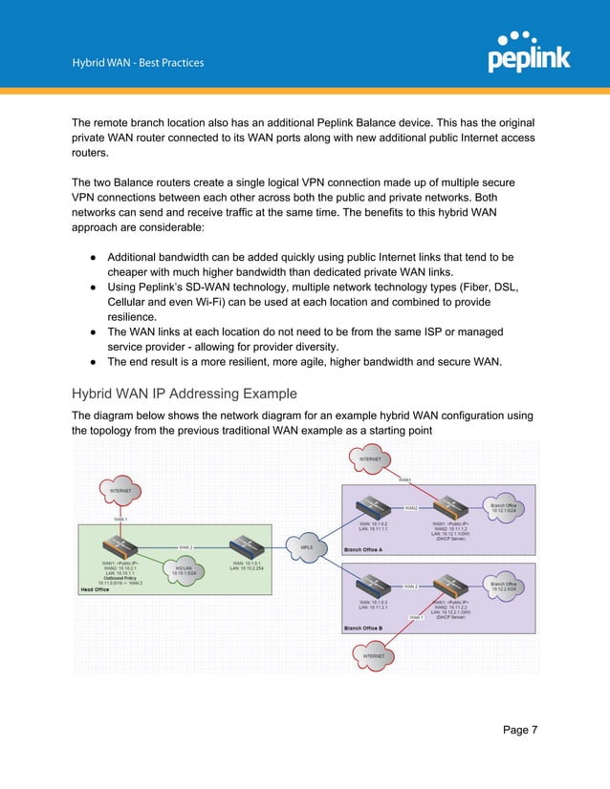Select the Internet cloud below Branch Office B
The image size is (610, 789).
[x=375, y=656]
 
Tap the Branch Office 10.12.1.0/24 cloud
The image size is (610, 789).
[x=504, y=508]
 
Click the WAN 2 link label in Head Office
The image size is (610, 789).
[x=185, y=547]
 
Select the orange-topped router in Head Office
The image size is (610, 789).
[x=121, y=547]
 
